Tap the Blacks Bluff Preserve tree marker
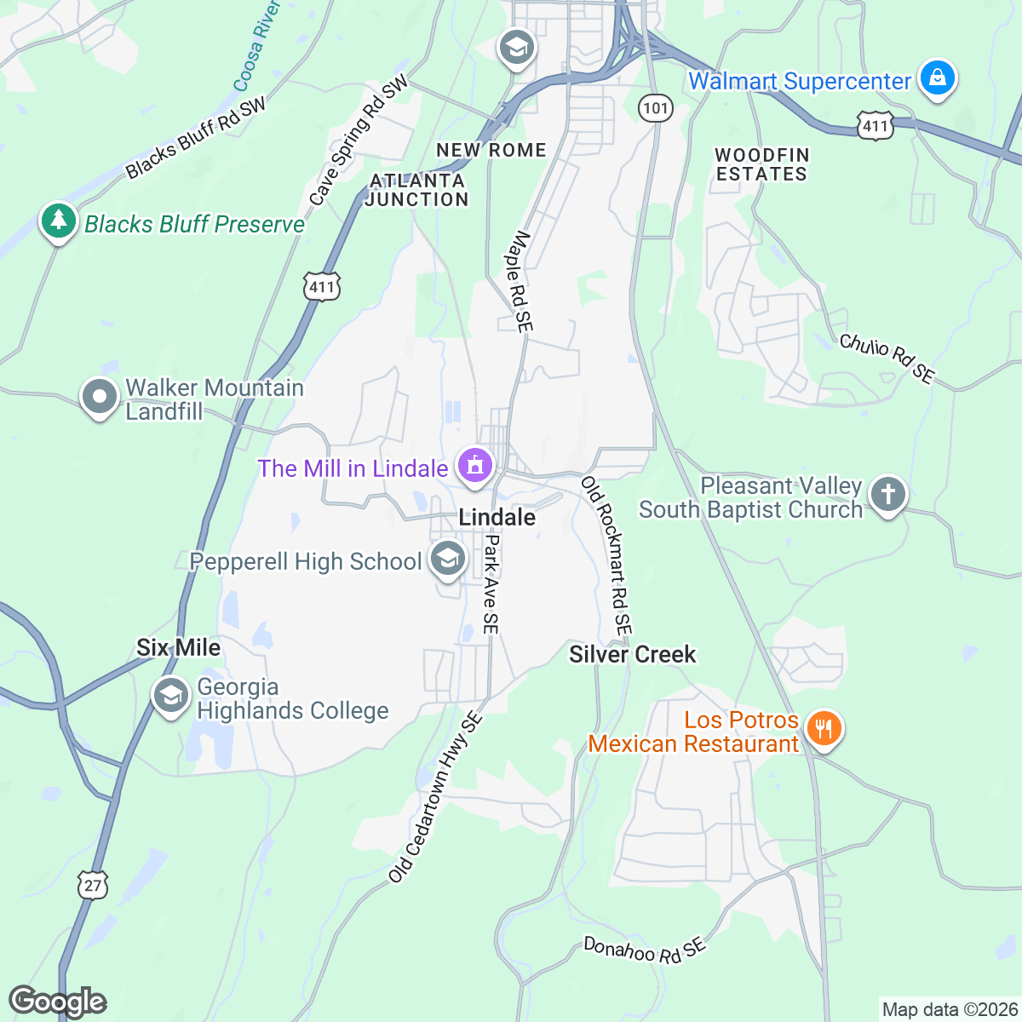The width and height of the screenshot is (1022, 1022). tap(58, 221)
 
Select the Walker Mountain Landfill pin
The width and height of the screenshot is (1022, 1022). tap(100, 397)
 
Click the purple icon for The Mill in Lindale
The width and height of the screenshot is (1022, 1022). tap(474, 466)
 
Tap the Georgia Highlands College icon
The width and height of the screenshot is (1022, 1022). tap(170, 696)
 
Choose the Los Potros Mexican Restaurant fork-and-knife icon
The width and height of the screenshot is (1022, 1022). tap(823, 729)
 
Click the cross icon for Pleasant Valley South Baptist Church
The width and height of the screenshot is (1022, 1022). tap(887, 494)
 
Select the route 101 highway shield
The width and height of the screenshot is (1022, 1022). tap(655, 108)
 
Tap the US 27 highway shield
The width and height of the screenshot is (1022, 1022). tap(92, 885)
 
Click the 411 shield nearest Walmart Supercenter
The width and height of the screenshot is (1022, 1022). tap(875, 126)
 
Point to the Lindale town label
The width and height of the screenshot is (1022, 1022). tap(497, 517)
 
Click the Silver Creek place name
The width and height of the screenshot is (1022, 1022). tap(632, 654)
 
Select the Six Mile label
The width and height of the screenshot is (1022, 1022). tap(178, 647)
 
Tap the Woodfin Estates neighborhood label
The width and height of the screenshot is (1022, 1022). tap(761, 164)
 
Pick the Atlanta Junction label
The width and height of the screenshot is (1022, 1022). tap(417, 190)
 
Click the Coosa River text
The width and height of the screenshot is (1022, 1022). tap(256, 46)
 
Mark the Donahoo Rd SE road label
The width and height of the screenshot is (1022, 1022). tap(644, 949)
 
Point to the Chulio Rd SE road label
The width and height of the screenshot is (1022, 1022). tap(887, 358)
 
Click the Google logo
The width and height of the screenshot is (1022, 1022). tap(57, 1002)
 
